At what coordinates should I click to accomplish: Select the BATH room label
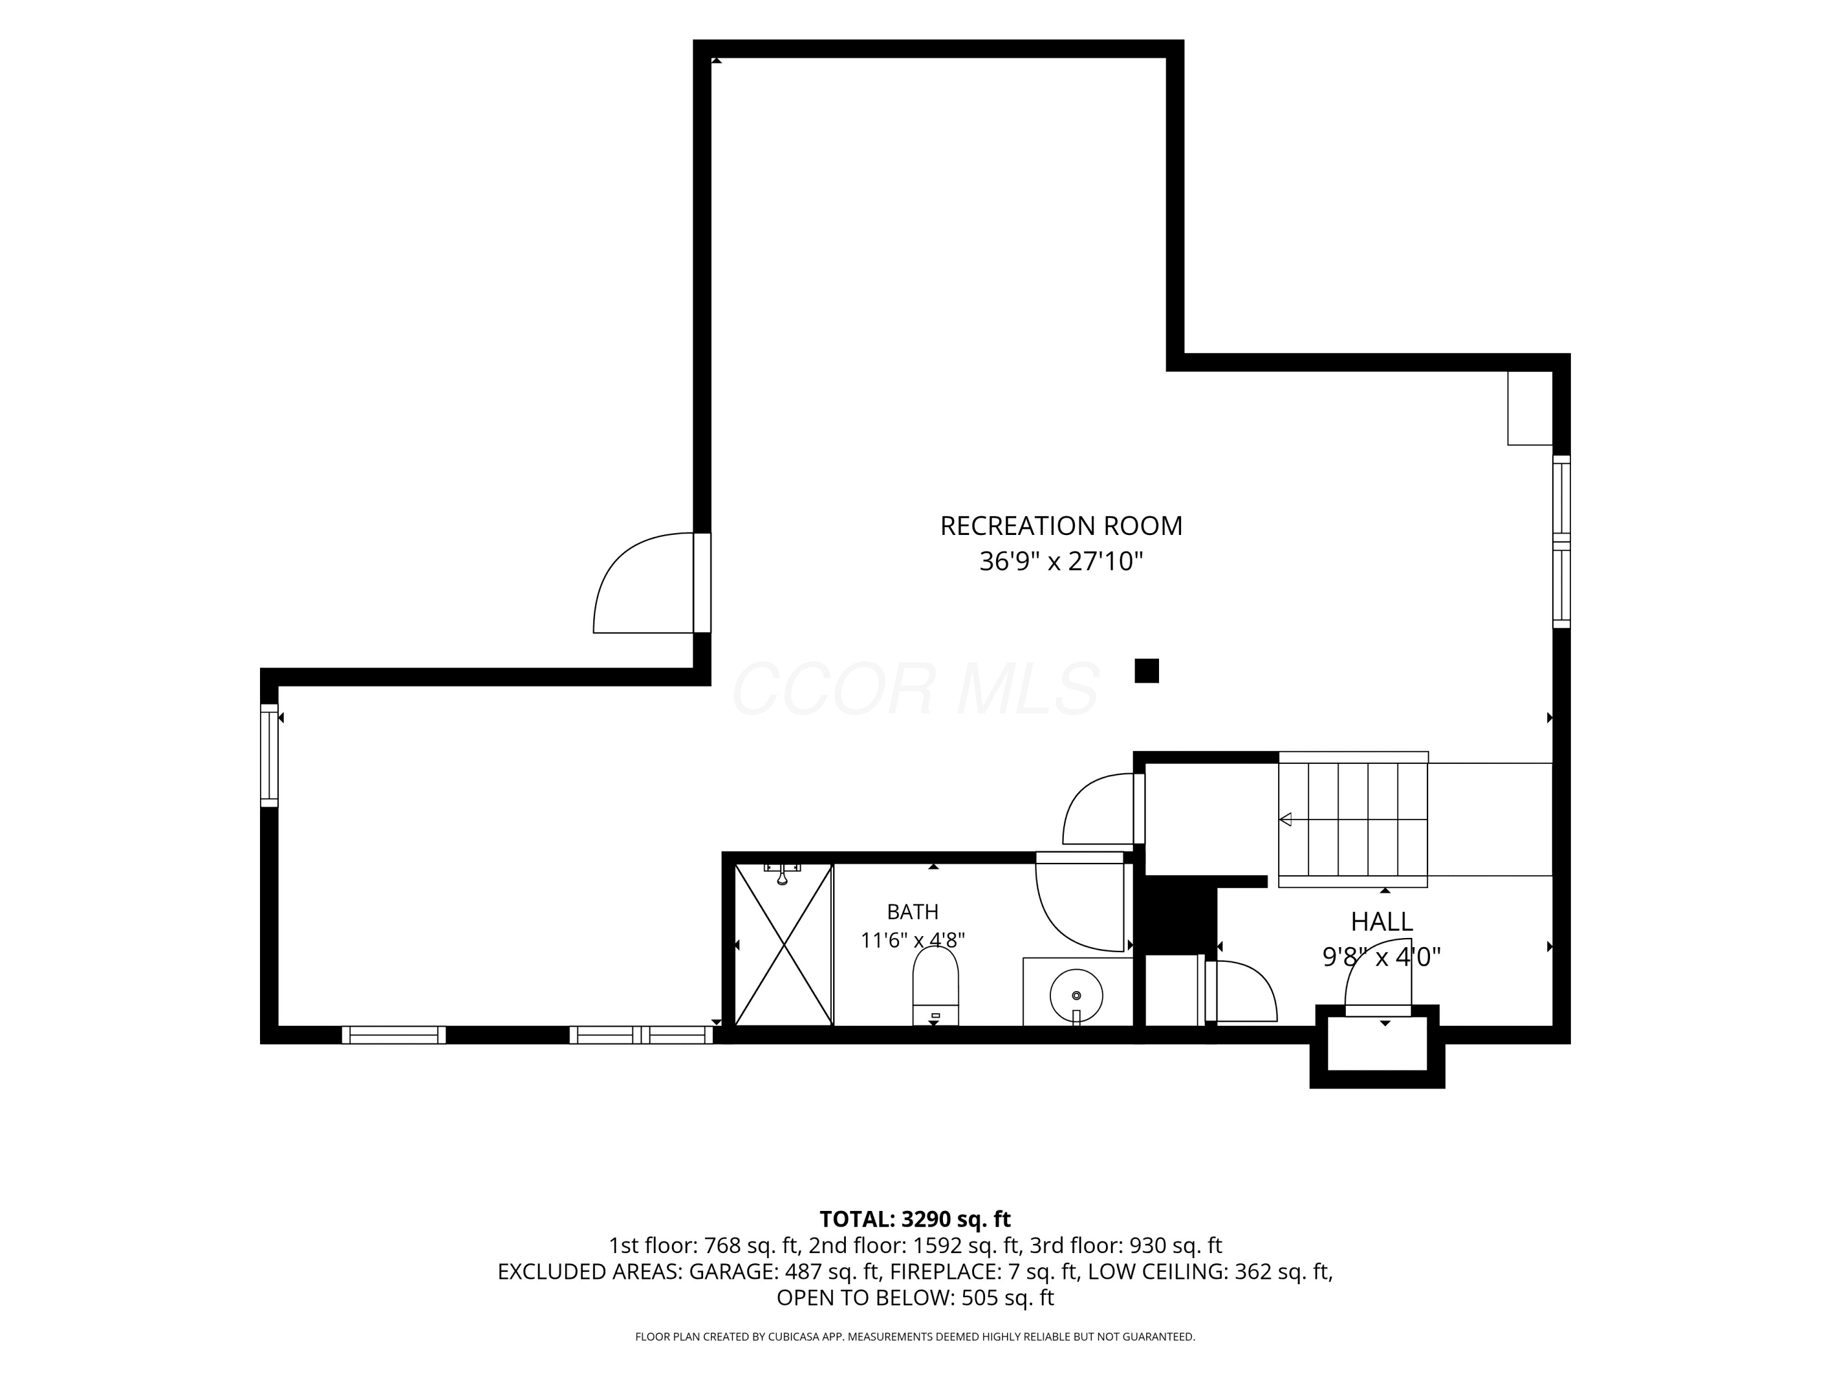tap(912, 912)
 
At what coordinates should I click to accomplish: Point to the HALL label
tap(1382, 921)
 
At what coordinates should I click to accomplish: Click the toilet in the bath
tap(936, 986)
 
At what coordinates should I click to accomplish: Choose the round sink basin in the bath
tap(1076, 995)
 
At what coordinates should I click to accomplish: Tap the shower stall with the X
tap(783, 944)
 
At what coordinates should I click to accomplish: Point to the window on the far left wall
tap(269, 755)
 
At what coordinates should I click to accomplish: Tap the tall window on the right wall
tap(1561, 542)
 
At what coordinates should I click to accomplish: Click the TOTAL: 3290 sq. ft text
tap(915, 1219)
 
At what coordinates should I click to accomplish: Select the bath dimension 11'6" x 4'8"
tap(912, 941)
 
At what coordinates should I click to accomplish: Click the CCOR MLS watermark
tap(915, 689)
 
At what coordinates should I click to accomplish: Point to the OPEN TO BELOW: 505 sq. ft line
tap(915, 1298)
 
